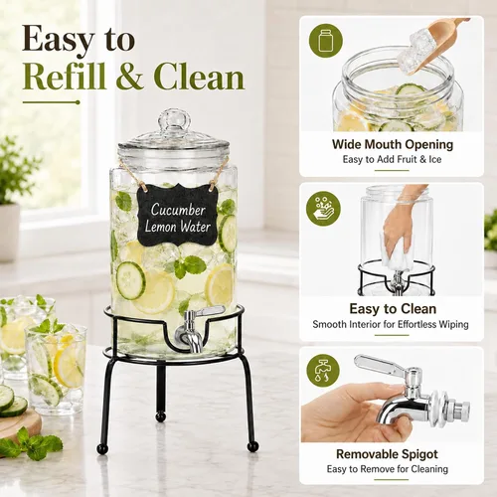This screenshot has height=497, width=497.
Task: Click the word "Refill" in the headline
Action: click(65, 77)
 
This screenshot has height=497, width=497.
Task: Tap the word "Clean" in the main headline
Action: click(200, 77)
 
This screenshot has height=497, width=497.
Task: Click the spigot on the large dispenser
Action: click(193, 329)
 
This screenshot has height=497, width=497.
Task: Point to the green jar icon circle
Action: click(326, 41)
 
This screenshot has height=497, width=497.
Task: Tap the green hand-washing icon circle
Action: click(323, 209)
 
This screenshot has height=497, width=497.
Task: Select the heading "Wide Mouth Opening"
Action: click(393, 144)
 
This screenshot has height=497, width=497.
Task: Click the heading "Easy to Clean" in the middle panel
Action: click(393, 309)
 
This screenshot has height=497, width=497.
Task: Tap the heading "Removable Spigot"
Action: click(387, 454)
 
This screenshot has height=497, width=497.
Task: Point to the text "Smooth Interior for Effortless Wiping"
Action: click(391, 324)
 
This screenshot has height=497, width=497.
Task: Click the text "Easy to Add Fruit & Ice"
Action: click(392, 160)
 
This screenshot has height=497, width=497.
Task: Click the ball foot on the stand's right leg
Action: click(253, 446)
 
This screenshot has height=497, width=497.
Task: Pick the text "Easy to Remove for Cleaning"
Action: click(388, 469)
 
